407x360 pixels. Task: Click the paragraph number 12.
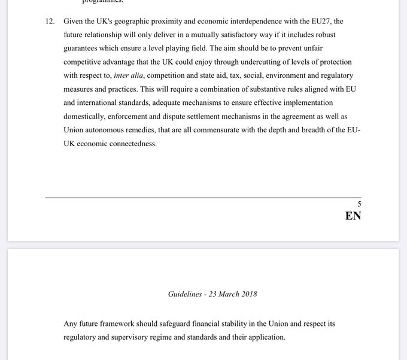50,22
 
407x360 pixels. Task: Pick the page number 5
359,204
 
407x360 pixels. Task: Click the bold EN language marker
353,216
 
